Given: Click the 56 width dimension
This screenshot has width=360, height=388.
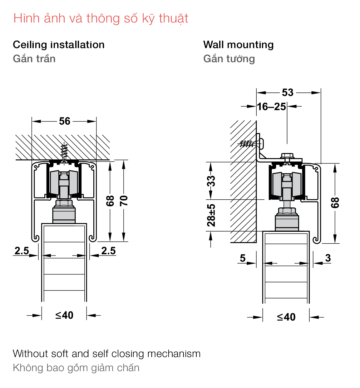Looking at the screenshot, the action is click(65, 121).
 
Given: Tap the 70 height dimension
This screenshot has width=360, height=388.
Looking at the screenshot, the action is click(124, 201).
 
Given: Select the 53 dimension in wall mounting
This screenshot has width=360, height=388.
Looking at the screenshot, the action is click(288, 92).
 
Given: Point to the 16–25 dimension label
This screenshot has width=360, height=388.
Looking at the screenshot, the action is click(271, 107).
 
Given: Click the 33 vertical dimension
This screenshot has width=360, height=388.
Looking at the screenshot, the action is click(211, 181).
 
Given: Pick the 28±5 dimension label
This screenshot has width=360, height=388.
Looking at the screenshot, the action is click(211, 215).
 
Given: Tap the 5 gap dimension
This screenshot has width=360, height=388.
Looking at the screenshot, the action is click(243, 258).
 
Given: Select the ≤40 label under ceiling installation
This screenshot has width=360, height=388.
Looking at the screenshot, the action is click(64, 315).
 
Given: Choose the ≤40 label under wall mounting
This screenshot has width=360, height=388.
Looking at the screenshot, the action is click(286, 317).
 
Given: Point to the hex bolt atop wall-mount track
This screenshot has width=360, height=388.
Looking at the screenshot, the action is click(287, 156).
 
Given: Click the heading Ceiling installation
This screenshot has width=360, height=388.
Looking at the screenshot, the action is click(59, 45).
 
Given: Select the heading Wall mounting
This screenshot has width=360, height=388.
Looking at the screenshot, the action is click(238, 45).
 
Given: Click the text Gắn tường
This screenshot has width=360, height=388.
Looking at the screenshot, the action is click(229, 58).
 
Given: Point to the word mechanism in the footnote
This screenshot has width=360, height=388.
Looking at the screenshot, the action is click(174, 354).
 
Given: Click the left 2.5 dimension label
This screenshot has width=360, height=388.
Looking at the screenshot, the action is click(22, 251).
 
